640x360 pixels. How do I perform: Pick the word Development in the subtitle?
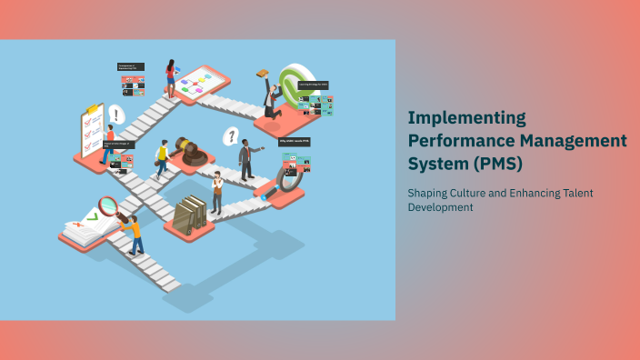coord(441,207)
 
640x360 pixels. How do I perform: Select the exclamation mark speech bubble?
coord(116,115)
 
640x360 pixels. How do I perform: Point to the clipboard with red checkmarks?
coord(92,133)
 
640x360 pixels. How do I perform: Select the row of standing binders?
coord(190,215)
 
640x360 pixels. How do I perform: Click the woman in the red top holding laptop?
coord(170,77)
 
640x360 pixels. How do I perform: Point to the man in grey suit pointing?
coord(245,160)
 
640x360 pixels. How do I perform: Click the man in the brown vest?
coord(216,192)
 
